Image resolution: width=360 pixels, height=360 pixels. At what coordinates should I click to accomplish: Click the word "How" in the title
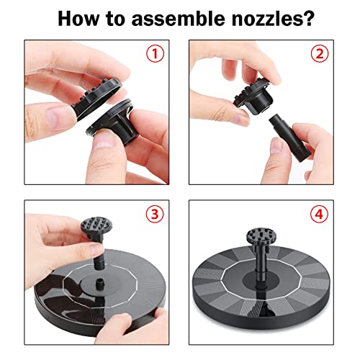coord(82,19)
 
